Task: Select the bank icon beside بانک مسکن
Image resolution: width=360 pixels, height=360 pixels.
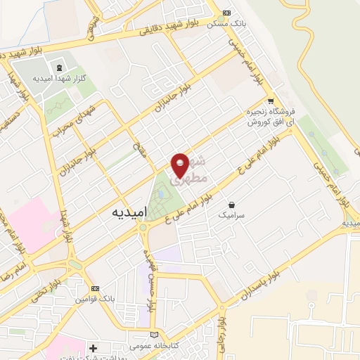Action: (226, 13)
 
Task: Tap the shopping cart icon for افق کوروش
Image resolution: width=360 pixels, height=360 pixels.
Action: (270, 101)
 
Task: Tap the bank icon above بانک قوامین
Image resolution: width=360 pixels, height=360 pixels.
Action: (96, 289)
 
